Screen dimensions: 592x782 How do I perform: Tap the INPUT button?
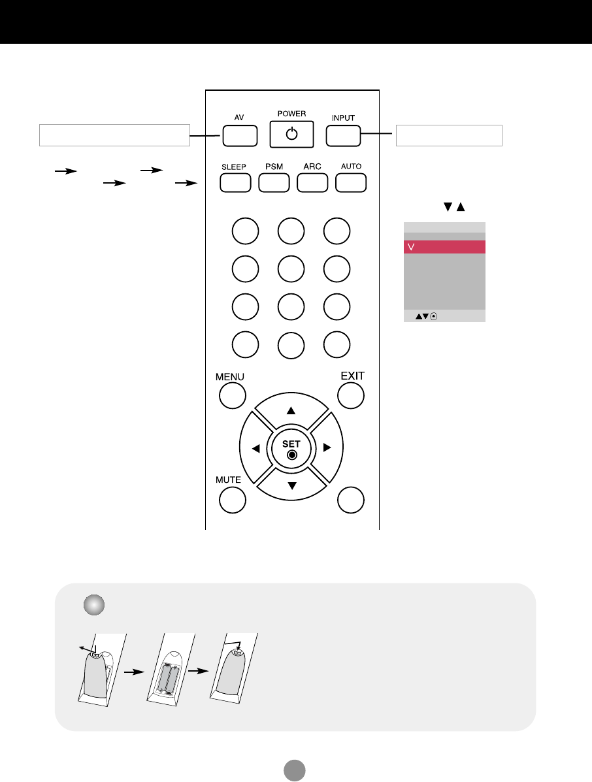(343, 135)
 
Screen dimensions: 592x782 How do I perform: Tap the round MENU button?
(232, 396)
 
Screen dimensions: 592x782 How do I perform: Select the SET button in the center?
(291, 448)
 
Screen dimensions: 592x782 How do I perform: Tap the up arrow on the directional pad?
(291, 412)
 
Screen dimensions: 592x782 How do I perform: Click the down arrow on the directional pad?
(291, 485)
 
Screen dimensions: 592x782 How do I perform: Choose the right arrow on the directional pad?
(327, 448)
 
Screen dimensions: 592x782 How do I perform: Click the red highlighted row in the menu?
(444, 247)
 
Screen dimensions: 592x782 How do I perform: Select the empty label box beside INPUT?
(449, 135)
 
